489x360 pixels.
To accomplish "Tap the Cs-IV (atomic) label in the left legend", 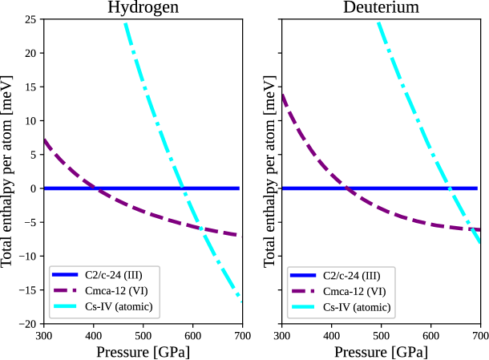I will click(x=118, y=307).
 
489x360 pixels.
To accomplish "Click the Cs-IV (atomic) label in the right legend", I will click(x=357, y=307).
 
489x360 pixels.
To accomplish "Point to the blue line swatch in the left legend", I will click(x=65, y=275).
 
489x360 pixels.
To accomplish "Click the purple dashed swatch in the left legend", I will click(x=65, y=291).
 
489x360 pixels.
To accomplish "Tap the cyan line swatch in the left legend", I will click(x=65, y=307).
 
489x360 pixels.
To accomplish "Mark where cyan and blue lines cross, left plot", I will click(x=184, y=188).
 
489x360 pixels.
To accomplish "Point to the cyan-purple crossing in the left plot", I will click(x=200, y=228).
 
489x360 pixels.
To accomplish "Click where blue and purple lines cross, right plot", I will click(x=347, y=188).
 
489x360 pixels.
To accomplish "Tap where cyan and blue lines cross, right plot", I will click(x=451, y=188).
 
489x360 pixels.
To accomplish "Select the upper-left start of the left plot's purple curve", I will click(x=46, y=140).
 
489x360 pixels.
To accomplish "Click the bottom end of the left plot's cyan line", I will click(x=239, y=300).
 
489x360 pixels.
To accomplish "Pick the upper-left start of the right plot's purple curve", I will click(x=284, y=95).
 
